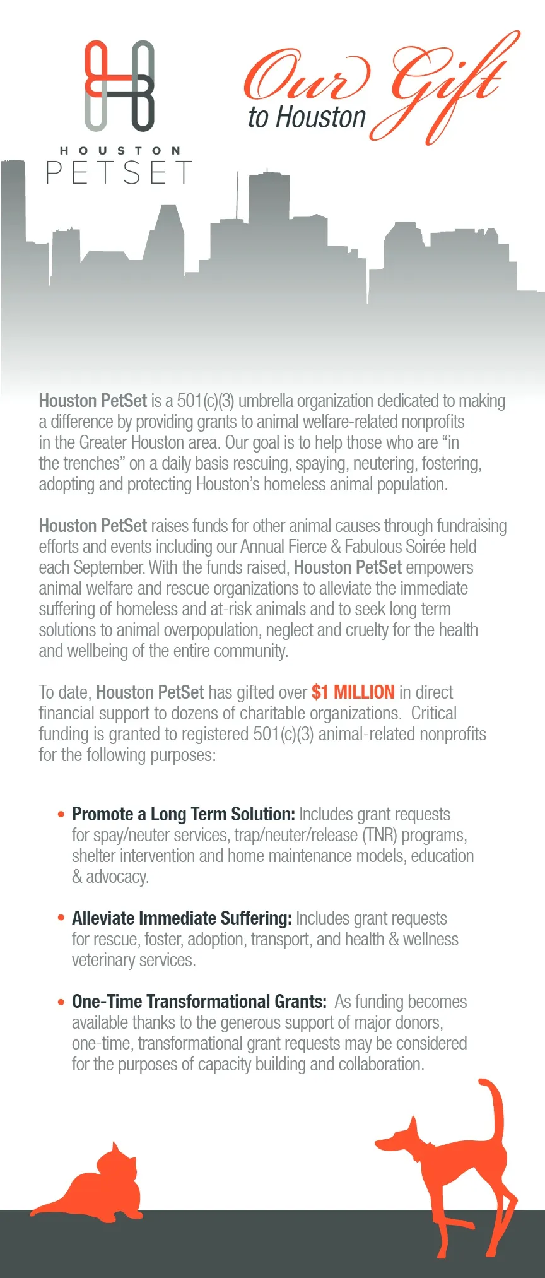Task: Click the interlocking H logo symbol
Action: click(119, 86)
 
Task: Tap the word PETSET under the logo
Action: click(119, 172)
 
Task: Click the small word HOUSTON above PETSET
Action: click(120, 151)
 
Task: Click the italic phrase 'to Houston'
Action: click(307, 118)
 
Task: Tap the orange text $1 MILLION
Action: click(353, 692)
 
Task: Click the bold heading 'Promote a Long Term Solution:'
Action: click(183, 814)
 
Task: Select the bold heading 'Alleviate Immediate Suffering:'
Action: click(182, 918)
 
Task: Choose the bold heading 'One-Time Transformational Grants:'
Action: click(199, 1002)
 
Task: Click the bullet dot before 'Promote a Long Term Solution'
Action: click(61, 815)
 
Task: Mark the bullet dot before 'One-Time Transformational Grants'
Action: click(61, 1002)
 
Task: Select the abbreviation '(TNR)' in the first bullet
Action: click(379, 835)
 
